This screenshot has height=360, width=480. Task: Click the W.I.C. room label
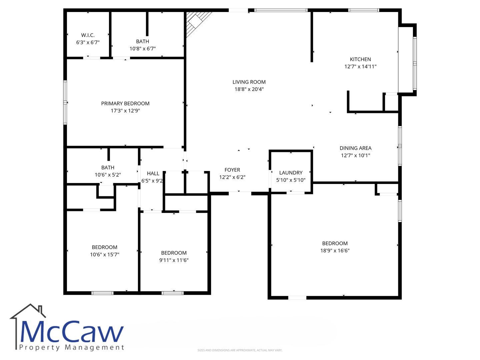click(88, 35)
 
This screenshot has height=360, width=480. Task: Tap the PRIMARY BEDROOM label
click(125, 103)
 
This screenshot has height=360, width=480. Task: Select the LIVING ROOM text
click(249, 82)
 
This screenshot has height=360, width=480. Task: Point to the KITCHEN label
click(360, 59)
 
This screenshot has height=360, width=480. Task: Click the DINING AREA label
click(355, 148)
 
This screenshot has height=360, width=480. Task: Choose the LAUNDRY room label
click(291, 173)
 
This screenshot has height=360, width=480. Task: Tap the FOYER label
click(232, 170)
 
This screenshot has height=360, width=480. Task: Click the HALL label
click(153, 174)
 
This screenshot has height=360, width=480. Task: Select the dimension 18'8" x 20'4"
click(249, 89)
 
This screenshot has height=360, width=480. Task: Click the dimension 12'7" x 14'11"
click(360, 66)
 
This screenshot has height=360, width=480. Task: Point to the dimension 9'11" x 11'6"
click(174, 260)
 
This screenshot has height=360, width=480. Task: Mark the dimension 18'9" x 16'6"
click(335, 250)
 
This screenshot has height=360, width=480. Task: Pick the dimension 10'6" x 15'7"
click(105, 254)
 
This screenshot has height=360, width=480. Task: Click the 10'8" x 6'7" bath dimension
click(143, 49)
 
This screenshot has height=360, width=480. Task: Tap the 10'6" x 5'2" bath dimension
click(108, 175)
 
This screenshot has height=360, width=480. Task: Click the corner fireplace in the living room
click(196, 22)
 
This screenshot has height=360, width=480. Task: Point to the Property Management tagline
click(72, 347)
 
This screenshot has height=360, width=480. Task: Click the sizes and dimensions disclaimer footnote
click(240, 350)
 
